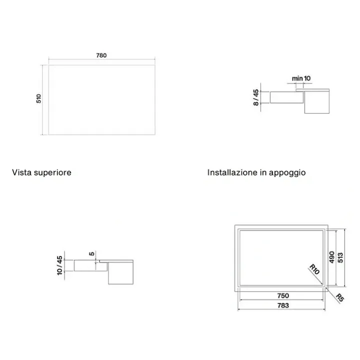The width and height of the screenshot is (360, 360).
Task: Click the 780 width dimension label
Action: point(101,55)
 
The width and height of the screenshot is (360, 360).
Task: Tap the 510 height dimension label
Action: point(39,98)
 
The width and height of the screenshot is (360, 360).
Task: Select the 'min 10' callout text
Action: point(301,78)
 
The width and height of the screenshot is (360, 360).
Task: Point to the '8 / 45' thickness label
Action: point(256,97)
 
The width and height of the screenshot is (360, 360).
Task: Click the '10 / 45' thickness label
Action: point(59,265)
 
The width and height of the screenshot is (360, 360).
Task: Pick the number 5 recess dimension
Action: point(91,253)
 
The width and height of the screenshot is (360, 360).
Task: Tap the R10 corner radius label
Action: point(314,269)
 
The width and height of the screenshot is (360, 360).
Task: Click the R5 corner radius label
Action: point(340,298)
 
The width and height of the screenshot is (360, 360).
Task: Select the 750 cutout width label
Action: point(283,295)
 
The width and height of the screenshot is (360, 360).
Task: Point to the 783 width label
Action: point(283,305)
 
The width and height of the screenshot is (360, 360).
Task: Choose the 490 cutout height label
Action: point(331,257)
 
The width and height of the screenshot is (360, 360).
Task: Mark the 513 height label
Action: point(340,257)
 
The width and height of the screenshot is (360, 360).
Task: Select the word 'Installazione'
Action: point(232,172)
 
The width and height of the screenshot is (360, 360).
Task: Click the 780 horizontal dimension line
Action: point(101,59)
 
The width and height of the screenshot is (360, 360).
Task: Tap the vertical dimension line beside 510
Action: point(42,100)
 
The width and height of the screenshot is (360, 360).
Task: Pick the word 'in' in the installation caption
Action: point(263,172)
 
